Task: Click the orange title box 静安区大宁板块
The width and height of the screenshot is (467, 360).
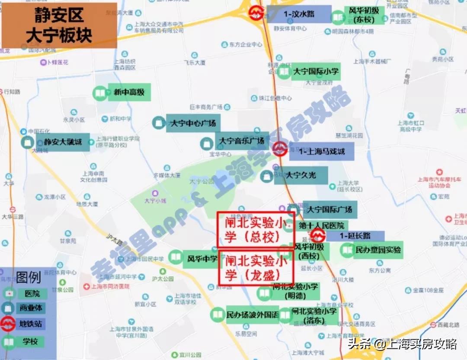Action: tap(59, 26)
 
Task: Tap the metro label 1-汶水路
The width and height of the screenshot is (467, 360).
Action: tap(299, 14)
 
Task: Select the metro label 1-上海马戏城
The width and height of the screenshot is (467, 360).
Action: tap(322, 152)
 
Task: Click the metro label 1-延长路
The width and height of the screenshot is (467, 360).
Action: tap(355, 236)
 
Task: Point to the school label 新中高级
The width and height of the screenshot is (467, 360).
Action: tap(128, 92)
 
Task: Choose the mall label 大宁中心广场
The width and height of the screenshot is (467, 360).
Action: tap(192, 123)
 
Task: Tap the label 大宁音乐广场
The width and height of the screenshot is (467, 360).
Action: tap(241, 141)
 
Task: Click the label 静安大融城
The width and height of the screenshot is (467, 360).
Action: tap(63, 142)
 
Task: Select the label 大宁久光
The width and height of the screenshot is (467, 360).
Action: tap(301, 175)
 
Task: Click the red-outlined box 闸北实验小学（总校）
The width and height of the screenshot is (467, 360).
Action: tap(256, 230)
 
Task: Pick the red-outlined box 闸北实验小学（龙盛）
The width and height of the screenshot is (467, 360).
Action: tap(256, 268)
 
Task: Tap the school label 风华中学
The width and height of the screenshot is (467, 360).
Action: tap(202, 259)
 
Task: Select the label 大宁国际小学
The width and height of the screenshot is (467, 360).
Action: tap(316, 71)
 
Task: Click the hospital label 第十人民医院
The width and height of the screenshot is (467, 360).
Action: tap(322, 226)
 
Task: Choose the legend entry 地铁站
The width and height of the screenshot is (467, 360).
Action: tap(30, 324)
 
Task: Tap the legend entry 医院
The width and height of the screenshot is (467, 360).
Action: tap(32, 294)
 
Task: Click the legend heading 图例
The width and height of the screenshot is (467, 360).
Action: tap(29, 276)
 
